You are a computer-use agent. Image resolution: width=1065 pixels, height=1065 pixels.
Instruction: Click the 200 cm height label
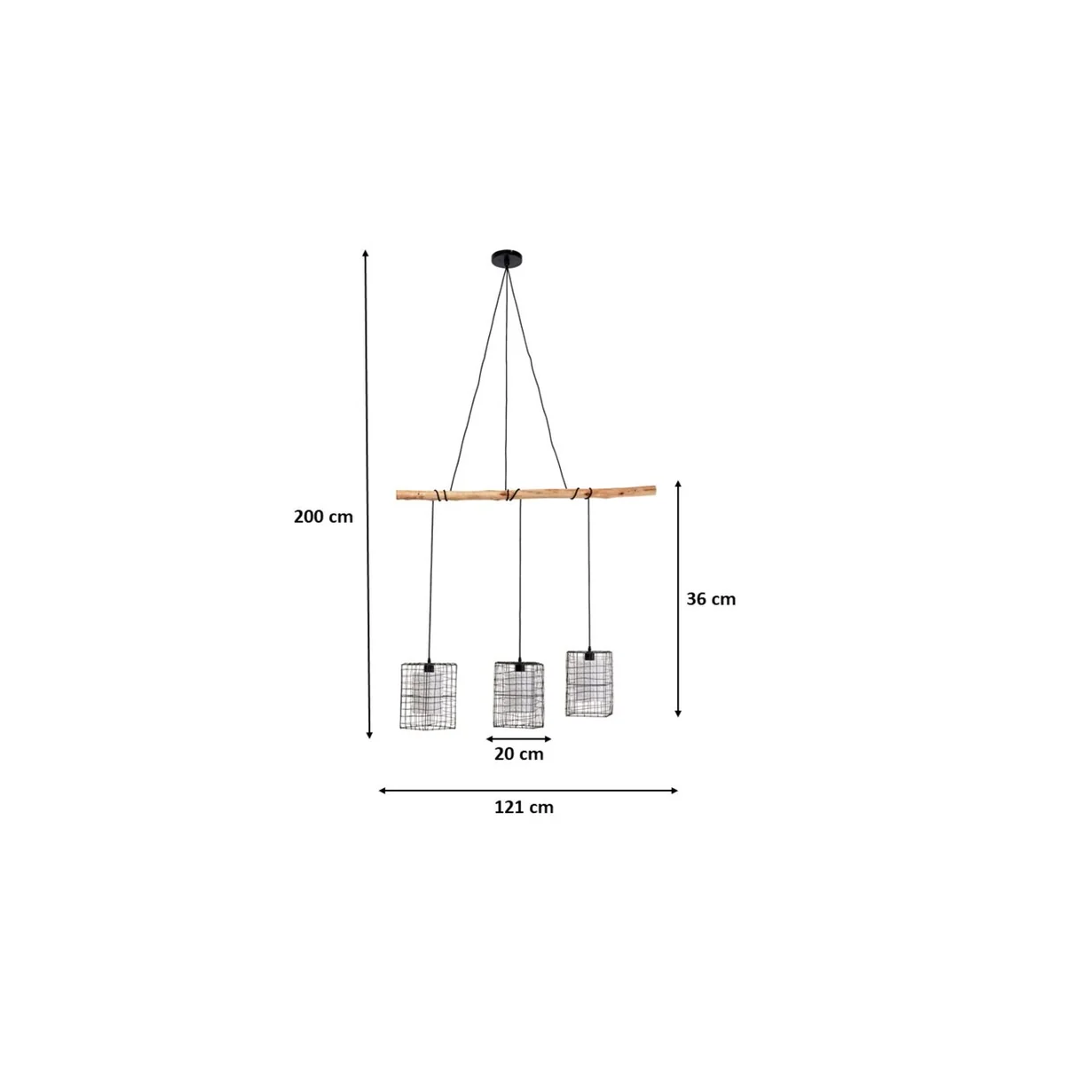tap(323, 517)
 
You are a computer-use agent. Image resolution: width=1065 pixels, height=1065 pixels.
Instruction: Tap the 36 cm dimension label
tap(711, 599)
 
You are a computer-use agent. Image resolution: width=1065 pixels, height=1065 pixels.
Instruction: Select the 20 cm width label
tap(518, 753)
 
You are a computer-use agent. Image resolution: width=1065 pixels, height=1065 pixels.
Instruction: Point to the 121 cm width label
tap(524, 808)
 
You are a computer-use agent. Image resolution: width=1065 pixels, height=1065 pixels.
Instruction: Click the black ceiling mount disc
tap(506, 258)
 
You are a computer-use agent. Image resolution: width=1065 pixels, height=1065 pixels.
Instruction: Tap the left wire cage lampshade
tap(429, 695)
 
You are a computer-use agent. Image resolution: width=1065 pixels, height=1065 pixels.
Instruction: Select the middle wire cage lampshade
tap(518, 694)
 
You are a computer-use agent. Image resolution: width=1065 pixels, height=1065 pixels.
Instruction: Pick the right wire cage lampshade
tap(588, 683)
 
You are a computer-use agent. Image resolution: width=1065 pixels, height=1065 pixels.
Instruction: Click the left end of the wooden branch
tap(398, 494)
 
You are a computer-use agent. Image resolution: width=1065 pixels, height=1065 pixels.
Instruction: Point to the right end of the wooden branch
tap(654, 488)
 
